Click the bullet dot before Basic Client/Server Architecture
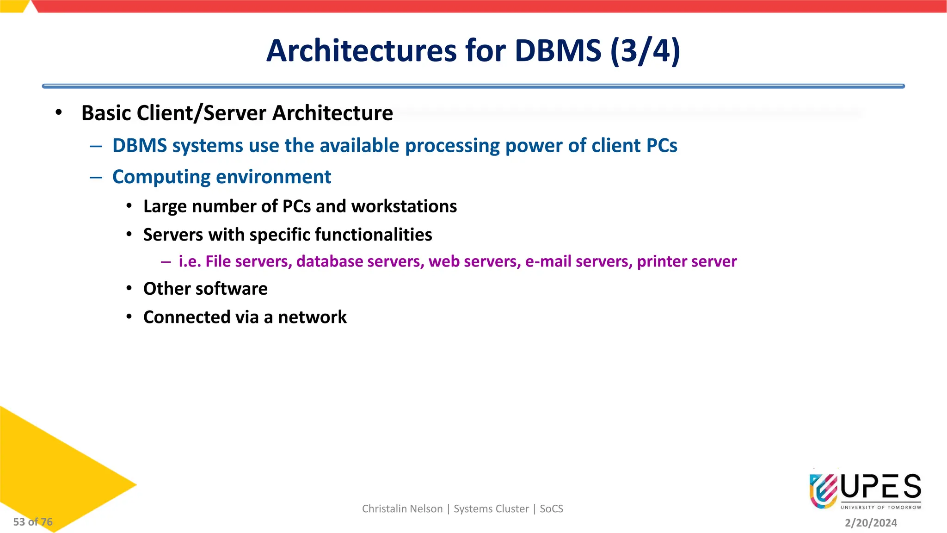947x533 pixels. pyautogui.click(x=58, y=112)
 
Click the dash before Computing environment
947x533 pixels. pyautogui.click(x=96, y=177)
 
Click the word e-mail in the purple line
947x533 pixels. pyautogui.click(x=548, y=261)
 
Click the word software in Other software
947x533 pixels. pyautogui.click(x=237, y=289)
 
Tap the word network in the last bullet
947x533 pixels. pyautogui.click(x=312, y=317)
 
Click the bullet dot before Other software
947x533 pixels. pyautogui.click(x=129, y=288)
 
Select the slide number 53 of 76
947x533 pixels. pyautogui.click(x=33, y=522)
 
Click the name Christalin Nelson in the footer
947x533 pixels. pyautogui.click(x=402, y=509)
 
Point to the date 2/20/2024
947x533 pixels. pyautogui.click(x=871, y=523)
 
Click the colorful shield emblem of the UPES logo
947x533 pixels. pyautogui.click(x=823, y=490)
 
